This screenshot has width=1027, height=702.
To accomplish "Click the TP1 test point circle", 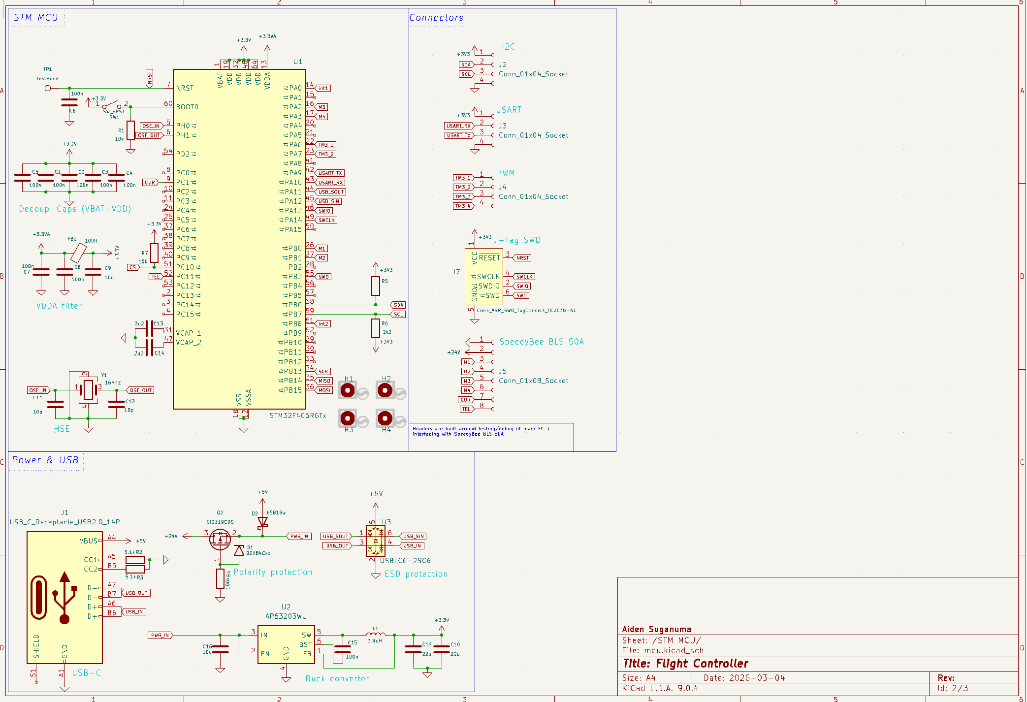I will (x=48, y=88).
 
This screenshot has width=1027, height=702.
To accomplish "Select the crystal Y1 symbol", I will (x=88, y=389).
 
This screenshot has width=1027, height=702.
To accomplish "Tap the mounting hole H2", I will (x=385, y=390).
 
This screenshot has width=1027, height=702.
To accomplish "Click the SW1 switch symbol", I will (x=112, y=105).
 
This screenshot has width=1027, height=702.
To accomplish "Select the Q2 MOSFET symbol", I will (x=220, y=539).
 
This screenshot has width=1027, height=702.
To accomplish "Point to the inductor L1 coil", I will (x=376, y=635).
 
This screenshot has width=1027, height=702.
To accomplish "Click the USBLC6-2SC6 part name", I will (x=405, y=561).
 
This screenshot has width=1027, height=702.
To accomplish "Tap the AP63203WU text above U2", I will (x=286, y=616).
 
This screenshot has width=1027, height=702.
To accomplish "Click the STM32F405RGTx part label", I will (x=298, y=415).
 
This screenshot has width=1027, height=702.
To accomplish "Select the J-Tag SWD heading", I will (x=517, y=240).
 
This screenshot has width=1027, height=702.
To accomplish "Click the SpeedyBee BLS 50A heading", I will (x=541, y=342).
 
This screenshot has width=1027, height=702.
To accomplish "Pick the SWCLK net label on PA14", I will (x=326, y=220).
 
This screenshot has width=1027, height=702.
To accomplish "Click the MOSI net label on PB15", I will (x=324, y=390).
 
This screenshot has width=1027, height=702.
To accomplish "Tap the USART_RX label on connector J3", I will (x=458, y=126).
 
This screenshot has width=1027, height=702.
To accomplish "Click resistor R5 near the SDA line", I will (x=376, y=286).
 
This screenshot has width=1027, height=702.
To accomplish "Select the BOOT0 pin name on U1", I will (x=187, y=107).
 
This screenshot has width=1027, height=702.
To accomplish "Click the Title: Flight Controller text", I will (x=685, y=664).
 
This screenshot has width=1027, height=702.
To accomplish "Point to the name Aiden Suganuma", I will (x=656, y=629).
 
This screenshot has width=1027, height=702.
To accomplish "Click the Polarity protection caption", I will (x=273, y=572).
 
